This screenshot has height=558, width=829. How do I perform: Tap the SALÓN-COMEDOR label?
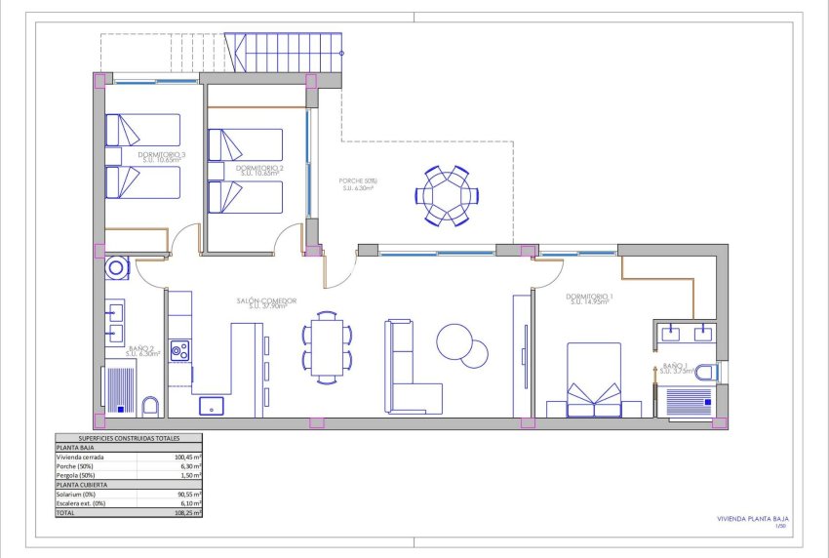[266, 302]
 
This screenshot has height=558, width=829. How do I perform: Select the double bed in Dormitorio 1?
[594, 379]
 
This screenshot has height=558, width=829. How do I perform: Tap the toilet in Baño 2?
[150, 406]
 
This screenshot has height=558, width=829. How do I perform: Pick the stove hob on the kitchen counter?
[178, 349]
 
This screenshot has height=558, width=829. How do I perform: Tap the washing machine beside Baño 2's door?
[117, 266]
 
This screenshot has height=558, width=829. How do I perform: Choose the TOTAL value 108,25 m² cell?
[188, 511]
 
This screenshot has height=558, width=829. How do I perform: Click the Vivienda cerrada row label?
[80, 457]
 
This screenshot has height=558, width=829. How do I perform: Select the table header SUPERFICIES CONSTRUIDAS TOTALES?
[127, 439]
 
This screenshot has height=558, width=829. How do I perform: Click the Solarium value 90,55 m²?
[188, 494]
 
